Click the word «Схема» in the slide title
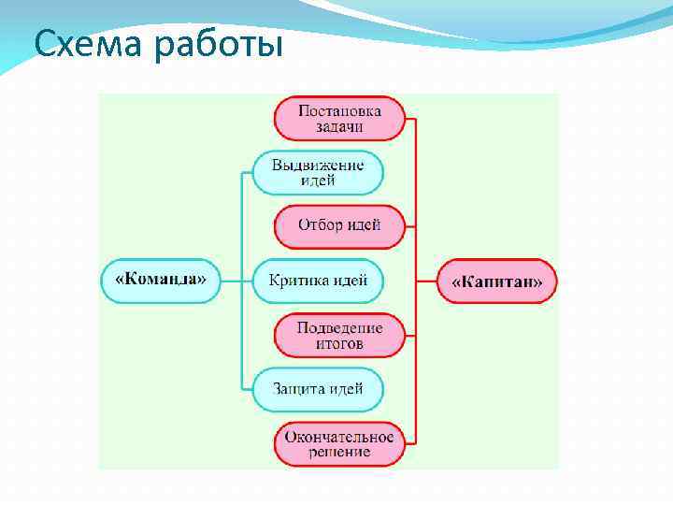[78, 42]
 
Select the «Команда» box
[160, 280]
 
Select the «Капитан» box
[497, 281]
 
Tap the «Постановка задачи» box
[339, 118]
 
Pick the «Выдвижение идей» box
[318, 172]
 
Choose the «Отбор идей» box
[339, 225]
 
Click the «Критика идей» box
[318, 280]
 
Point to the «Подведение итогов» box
[340, 335]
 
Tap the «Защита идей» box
[318, 388]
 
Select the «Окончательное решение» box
[340, 443]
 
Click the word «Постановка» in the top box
[339, 110]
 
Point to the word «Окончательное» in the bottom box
[340, 436]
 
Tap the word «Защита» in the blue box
[298, 388]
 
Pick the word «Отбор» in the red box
[321, 225]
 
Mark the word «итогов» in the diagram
[339, 343]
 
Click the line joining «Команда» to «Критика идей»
[236, 280]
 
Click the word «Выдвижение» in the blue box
[318, 165]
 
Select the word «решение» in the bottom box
[340, 452]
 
